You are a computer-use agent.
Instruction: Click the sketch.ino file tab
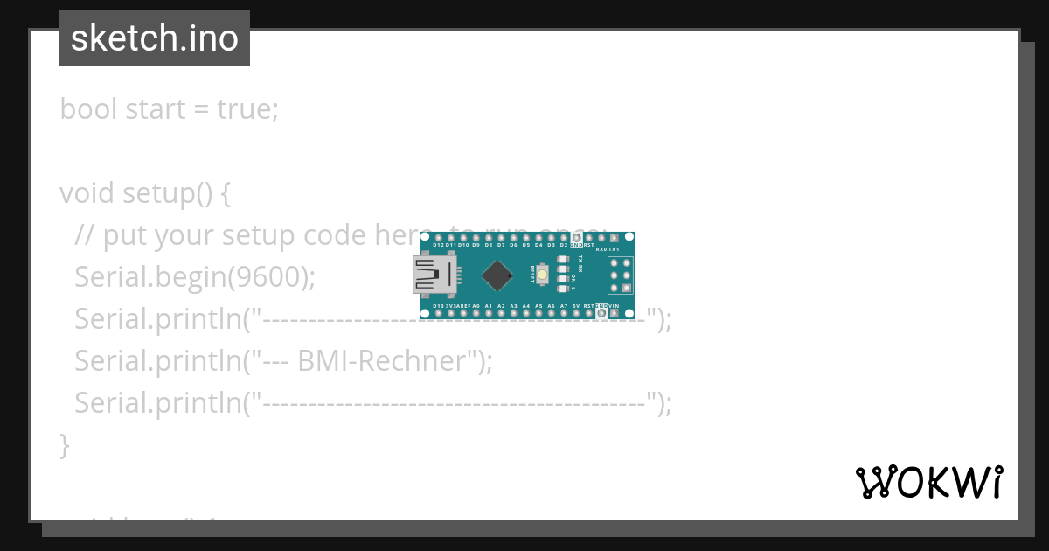pos(154,38)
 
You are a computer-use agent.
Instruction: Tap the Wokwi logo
pos(929,482)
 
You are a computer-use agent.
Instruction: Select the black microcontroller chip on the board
pos(497,275)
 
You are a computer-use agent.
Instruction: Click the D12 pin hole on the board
pos(438,237)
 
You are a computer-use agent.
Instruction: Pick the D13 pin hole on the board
pos(438,313)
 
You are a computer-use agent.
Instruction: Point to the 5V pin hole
pos(576,313)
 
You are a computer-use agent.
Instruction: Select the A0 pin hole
pos(476,313)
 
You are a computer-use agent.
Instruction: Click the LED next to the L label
pos(562,289)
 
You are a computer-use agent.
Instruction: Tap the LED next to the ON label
pos(562,279)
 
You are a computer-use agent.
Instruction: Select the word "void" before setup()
pos(87,192)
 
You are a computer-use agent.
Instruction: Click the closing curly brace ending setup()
pos(64,444)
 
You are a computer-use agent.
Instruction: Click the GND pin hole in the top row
pos(576,237)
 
